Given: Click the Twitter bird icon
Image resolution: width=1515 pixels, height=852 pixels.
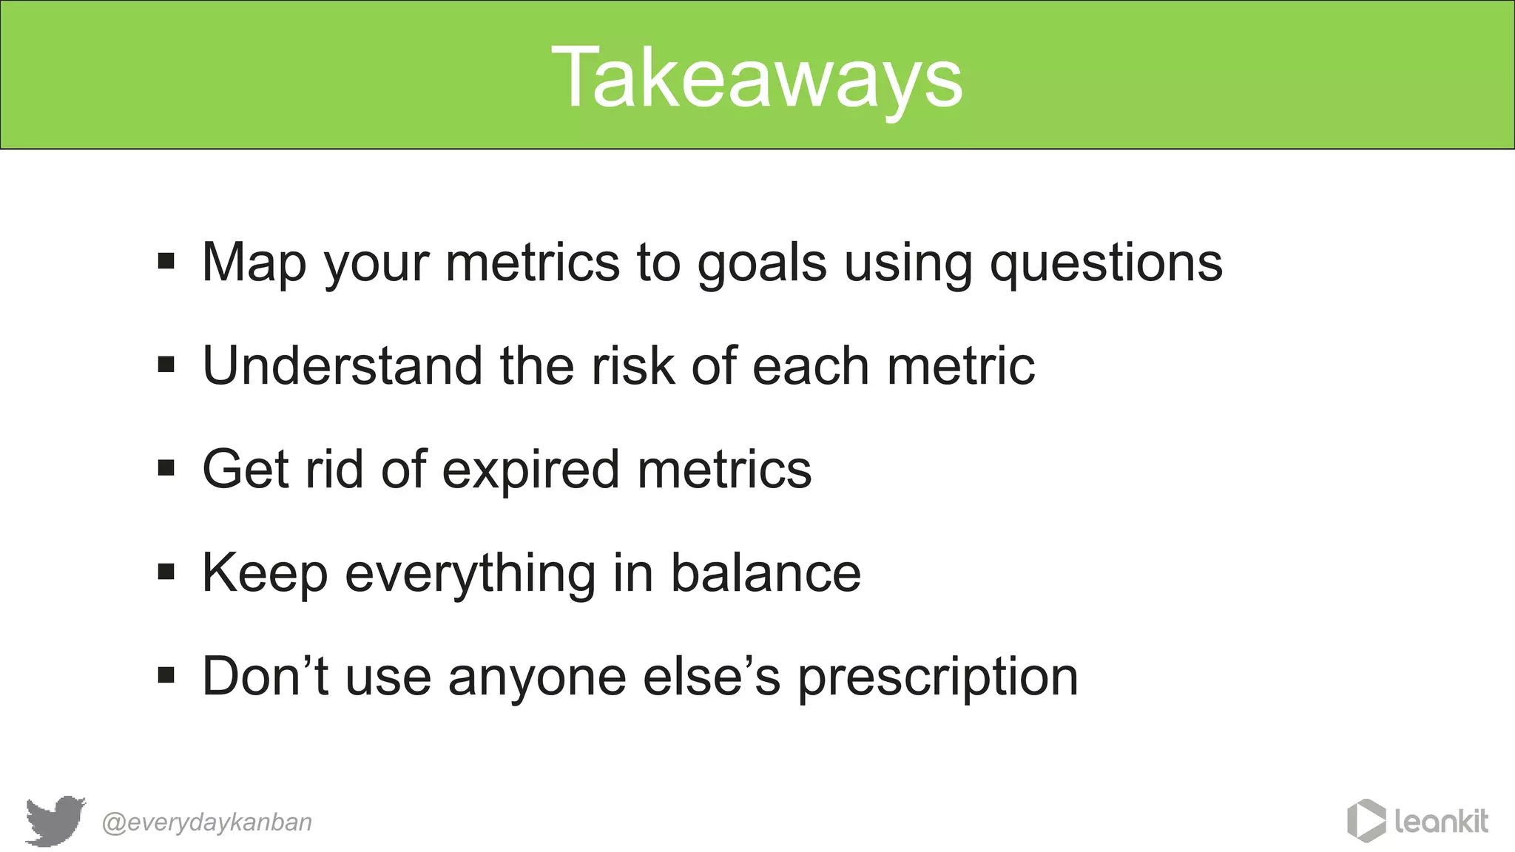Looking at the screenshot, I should (55, 820).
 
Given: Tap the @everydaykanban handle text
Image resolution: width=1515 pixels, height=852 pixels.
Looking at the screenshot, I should (206, 822).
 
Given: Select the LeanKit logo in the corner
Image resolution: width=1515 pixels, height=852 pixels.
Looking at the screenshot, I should (1417, 820).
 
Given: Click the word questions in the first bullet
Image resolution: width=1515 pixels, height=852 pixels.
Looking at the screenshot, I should (1106, 263).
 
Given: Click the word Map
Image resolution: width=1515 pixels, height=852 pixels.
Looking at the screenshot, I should (254, 263).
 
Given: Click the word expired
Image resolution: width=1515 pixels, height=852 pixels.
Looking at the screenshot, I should (530, 471).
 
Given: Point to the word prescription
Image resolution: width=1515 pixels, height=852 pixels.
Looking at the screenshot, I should (938, 678).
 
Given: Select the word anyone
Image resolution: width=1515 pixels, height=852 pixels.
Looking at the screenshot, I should (537, 678).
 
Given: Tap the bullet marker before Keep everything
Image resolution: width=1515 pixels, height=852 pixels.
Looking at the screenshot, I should (166, 572).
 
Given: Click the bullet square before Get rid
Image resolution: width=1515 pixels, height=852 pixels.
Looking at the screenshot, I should (166, 468).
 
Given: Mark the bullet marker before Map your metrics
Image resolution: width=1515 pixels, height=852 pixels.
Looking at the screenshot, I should (166, 261).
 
